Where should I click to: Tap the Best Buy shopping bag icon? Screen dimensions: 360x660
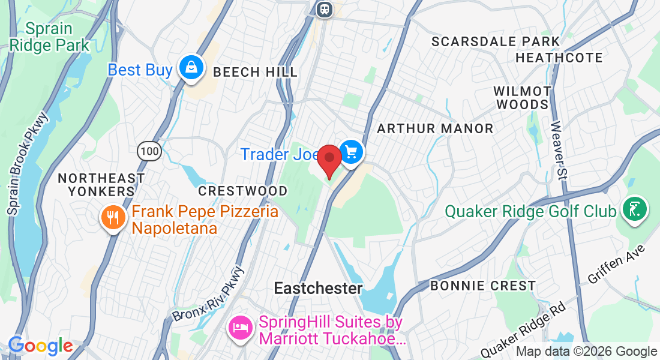point(190,67)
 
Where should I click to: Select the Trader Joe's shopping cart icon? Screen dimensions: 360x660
point(351,150)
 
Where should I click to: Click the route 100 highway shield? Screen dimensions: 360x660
point(149,151)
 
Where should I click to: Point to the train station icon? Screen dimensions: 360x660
point(325,9)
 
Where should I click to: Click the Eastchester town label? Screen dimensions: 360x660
point(318,289)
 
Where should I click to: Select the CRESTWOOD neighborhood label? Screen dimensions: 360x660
point(242,191)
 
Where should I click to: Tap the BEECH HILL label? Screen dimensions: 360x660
point(255,73)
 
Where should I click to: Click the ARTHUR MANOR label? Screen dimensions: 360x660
point(435,128)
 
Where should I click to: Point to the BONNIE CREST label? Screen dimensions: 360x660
point(483,286)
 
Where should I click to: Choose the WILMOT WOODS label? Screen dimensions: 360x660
point(522,98)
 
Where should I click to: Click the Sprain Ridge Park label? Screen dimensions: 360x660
point(50,37)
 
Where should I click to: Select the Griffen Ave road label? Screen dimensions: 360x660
point(617,264)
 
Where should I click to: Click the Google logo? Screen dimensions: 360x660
point(40,346)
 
